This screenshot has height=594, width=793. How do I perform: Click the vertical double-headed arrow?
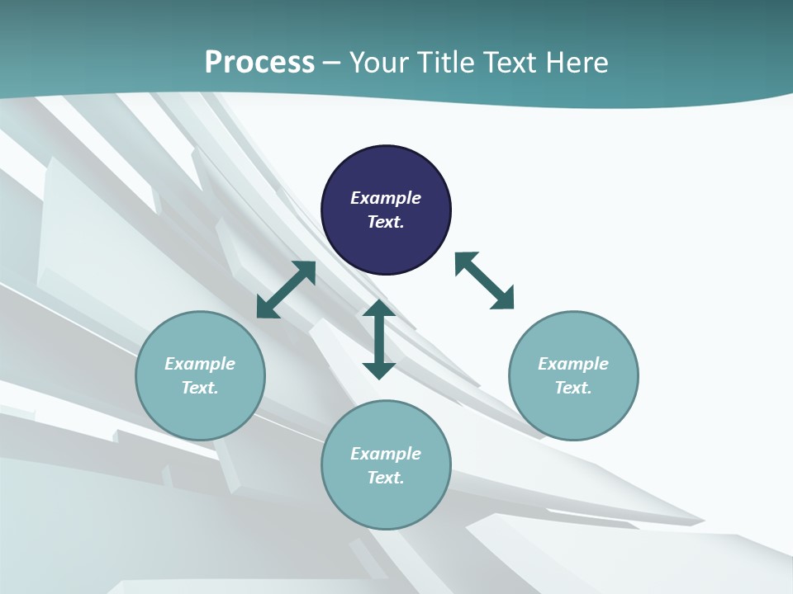tap(379, 339)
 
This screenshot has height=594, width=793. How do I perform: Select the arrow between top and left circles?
tap(286, 290)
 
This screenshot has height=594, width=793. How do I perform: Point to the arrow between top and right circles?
tap(484, 280)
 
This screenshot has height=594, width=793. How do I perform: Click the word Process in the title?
tap(259, 62)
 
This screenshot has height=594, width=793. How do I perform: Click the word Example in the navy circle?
tap(386, 198)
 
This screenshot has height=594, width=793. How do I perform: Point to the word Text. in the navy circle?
tap(386, 222)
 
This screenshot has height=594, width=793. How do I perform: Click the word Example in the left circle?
tap(200, 364)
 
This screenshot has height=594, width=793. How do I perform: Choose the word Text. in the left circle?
tap(200, 388)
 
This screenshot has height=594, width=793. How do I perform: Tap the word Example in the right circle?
tap(573, 364)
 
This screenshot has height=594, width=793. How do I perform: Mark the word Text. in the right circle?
tap(573, 388)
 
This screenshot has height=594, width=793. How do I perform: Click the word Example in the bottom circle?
tap(386, 454)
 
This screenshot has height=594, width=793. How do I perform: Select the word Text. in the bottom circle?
tap(386, 478)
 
